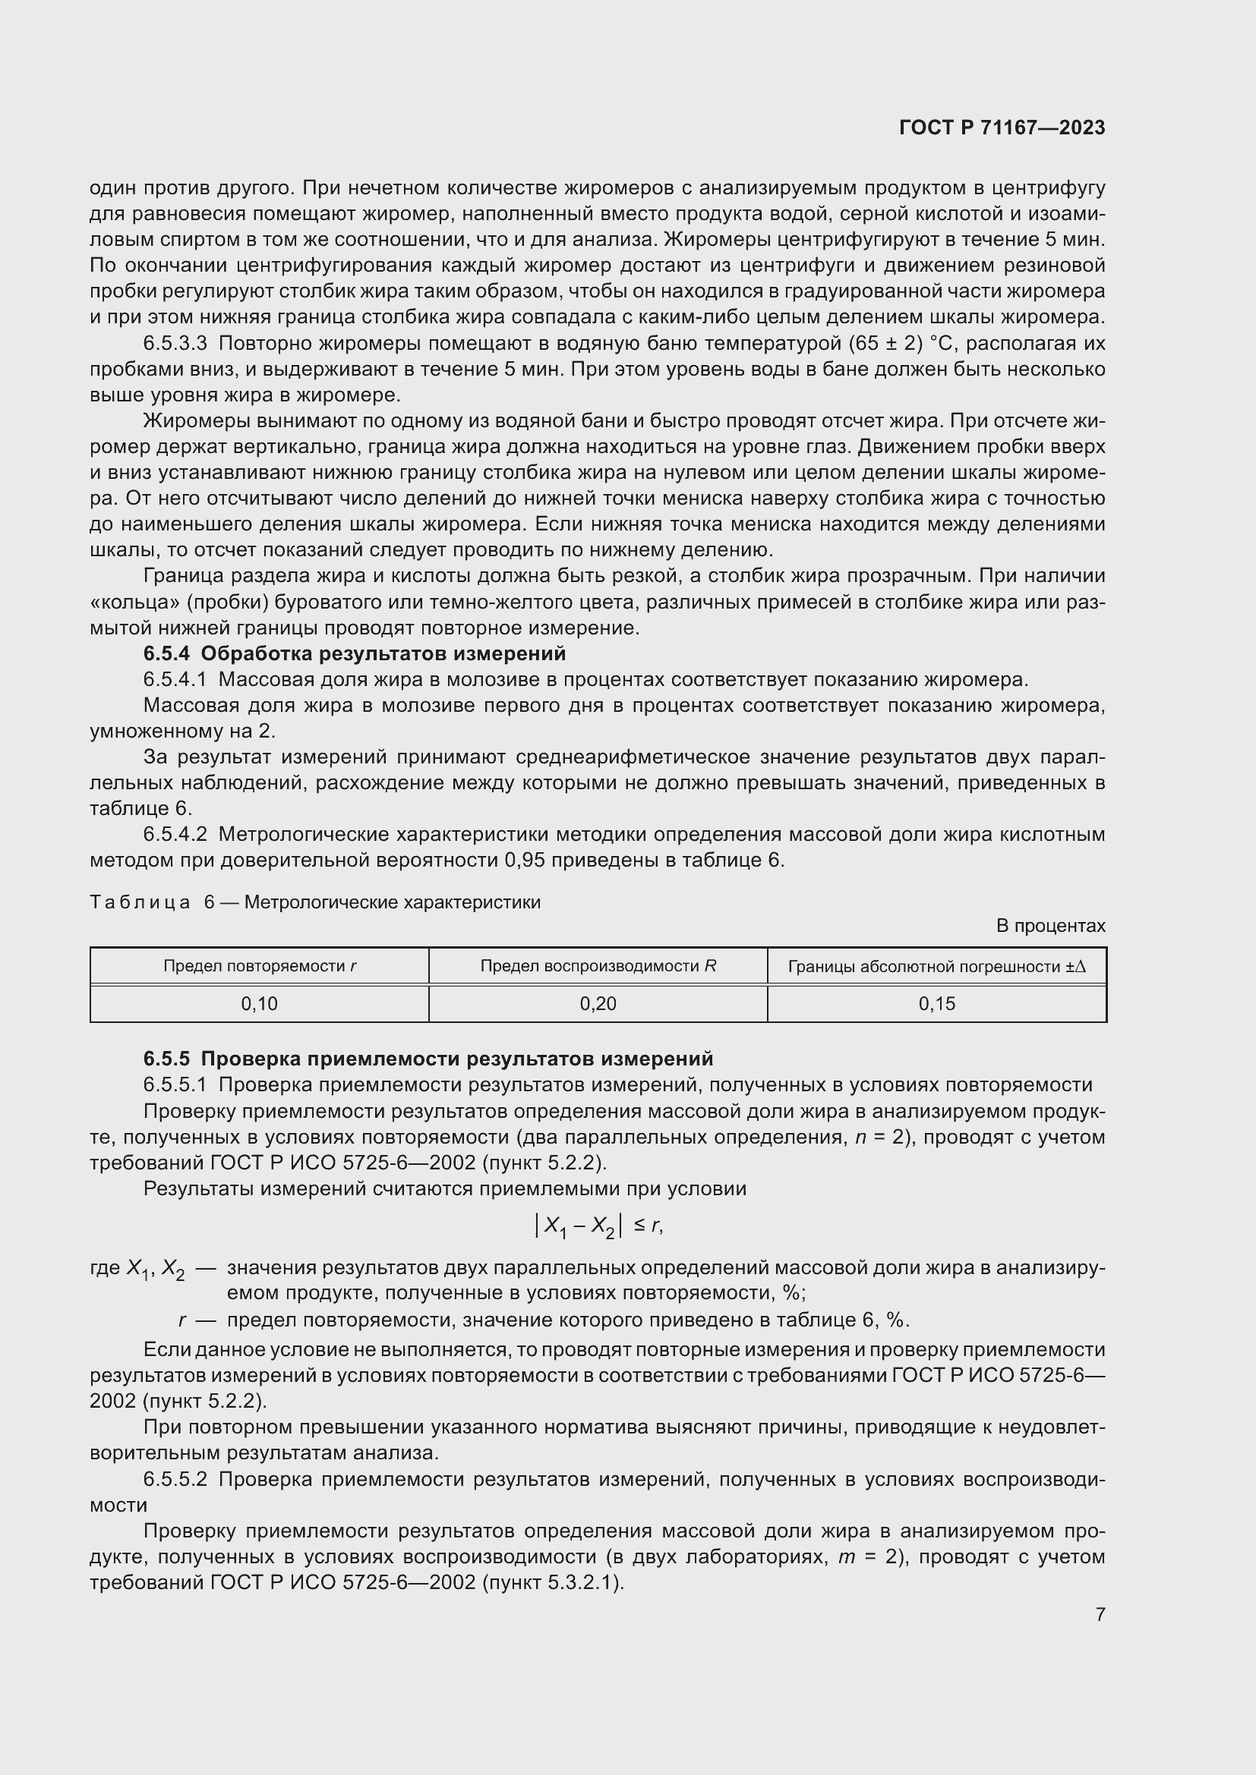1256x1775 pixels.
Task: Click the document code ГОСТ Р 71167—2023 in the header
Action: [x=1002, y=128]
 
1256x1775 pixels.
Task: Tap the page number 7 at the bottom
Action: [x=1100, y=1614]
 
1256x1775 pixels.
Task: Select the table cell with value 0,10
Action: [x=259, y=1004]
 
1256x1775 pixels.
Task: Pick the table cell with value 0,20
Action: [x=598, y=1004]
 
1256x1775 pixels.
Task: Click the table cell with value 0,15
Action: [x=936, y=1004]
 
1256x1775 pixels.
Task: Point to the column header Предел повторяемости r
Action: [x=259, y=966]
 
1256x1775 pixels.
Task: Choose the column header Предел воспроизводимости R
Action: [x=598, y=966]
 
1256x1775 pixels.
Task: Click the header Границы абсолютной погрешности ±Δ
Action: [x=936, y=966]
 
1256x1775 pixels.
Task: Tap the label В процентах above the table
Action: [x=1050, y=926]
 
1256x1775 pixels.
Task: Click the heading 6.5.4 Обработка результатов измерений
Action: [x=354, y=654]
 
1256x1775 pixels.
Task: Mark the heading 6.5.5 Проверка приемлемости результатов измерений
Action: [x=428, y=1059]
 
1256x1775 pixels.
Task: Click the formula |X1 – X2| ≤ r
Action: [x=598, y=1226]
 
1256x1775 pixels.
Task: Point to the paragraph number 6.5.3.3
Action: [x=175, y=343]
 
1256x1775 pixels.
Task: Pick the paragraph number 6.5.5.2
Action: [x=175, y=1480]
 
